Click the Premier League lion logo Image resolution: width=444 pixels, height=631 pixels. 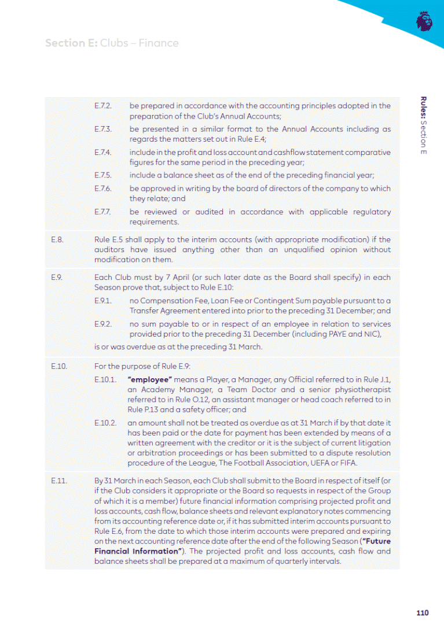pos(424,21)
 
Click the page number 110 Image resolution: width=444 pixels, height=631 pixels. pos(422,613)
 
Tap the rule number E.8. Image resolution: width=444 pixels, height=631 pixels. pos(56,239)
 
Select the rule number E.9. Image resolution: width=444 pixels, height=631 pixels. pos(56,278)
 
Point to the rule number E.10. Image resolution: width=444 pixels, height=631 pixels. pos(58,366)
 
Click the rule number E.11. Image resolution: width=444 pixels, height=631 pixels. pos(58,481)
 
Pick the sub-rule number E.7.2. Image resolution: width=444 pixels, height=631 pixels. pos(103,106)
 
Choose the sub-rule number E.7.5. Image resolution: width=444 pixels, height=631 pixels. pos(103,175)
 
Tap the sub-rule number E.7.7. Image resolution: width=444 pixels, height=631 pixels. pos(103,212)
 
